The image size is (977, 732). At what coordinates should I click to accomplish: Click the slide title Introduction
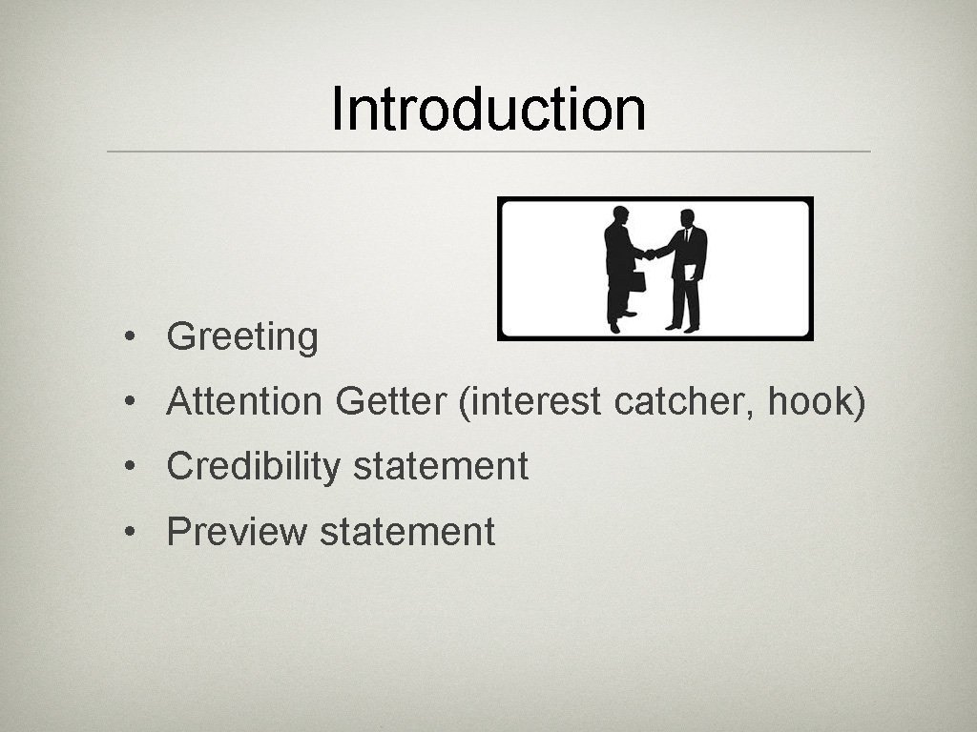(x=488, y=110)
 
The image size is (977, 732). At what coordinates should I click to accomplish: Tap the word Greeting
(x=242, y=337)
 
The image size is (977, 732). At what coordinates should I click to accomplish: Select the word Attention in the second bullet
(x=244, y=402)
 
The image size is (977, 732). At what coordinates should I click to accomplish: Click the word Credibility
(x=253, y=467)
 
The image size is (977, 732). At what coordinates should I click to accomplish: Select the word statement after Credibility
(x=441, y=467)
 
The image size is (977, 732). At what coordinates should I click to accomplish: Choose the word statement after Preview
(x=407, y=532)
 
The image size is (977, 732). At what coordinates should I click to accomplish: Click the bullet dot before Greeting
(x=128, y=337)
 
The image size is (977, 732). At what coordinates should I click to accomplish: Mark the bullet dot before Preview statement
(x=128, y=532)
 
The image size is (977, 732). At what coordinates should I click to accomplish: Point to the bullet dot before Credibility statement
(x=128, y=467)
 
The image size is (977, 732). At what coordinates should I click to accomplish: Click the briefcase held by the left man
(x=636, y=280)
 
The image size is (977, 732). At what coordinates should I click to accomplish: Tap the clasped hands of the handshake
(x=651, y=254)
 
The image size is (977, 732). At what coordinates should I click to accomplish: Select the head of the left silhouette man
(x=621, y=213)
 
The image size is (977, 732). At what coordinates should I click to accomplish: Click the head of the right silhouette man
(x=686, y=218)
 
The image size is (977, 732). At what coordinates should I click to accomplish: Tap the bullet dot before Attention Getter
(x=128, y=402)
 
